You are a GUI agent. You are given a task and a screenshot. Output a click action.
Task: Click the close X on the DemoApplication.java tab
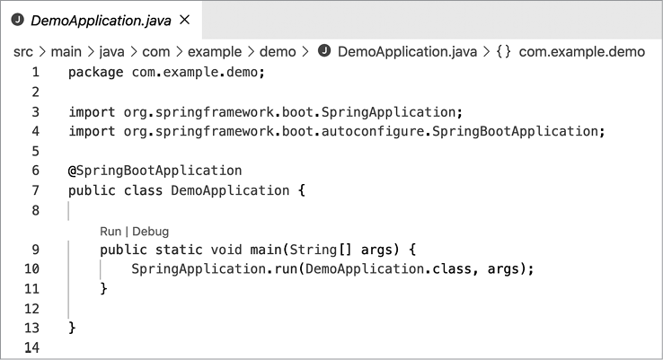click(185, 19)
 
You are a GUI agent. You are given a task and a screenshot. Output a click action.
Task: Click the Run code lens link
click(110, 231)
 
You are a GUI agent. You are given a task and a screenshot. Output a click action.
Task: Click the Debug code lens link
click(151, 231)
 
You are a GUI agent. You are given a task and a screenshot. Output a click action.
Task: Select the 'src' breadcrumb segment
click(23, 51)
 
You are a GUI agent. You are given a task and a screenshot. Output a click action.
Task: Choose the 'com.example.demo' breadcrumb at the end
click(581, 51)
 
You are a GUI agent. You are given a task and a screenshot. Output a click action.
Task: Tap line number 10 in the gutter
click(32, 268)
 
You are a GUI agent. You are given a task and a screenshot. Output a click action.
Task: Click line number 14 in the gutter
click(32, 347)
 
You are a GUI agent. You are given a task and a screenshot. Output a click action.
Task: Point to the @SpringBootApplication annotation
click(155, 171)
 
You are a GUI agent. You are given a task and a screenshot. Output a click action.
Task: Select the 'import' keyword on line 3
click(92, 112)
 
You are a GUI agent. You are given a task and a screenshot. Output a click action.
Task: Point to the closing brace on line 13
click(72, 327)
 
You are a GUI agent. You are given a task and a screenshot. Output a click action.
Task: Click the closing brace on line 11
click(103, 288)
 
